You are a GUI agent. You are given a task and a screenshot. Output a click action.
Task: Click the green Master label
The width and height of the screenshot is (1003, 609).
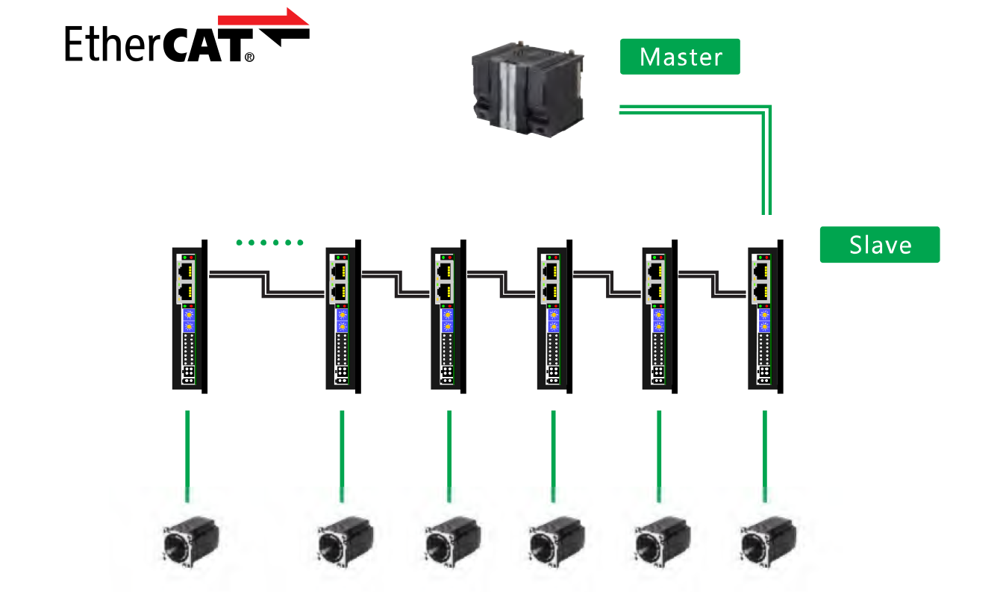pyautogui.click(x=680, y=57)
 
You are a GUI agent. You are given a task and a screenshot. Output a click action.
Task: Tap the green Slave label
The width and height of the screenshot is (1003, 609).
pyautogui.click(x=879, y=245)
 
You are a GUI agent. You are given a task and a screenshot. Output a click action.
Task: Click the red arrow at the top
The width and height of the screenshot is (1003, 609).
pyautogui.click(x=263, y=18)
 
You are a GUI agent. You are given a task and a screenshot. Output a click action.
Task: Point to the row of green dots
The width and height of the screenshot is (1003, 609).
pyautogui.click(x=269, y=243)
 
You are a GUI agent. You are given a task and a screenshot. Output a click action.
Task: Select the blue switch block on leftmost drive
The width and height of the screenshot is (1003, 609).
pyautogui.click(x=188, y=320)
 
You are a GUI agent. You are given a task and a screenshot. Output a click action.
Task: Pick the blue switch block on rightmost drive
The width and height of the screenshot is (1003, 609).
pyautogui.click(x=764, y=320)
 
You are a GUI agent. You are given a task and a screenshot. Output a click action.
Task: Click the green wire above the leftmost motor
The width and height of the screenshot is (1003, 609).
pyautogui.click(x=188, y=455)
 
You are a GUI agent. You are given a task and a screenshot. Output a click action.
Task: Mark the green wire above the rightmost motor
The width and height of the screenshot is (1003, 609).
pyautogui.click(x=765, y=455)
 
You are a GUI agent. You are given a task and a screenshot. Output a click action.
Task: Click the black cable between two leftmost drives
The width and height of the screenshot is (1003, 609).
pyautogui.click(x=264, y=287)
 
